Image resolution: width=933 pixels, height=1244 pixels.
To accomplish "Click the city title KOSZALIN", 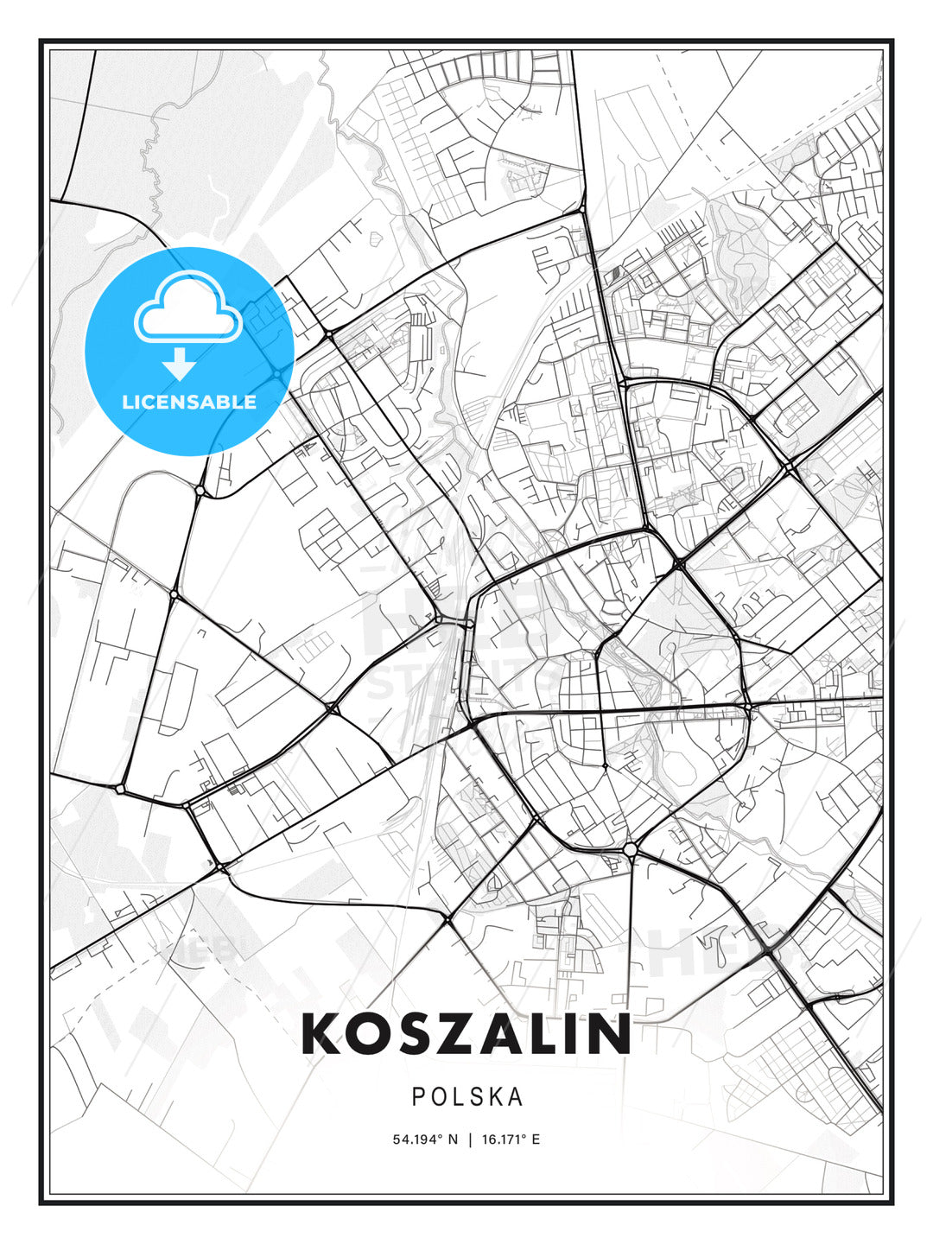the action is (466, 1035).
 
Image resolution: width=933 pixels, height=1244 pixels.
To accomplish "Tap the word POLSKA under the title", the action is (466, 1097).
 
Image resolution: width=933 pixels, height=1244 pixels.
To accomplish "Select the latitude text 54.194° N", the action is (426, 1139).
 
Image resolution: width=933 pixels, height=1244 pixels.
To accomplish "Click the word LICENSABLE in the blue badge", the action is (189, 402).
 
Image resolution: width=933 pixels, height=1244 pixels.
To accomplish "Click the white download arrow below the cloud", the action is (180, 363).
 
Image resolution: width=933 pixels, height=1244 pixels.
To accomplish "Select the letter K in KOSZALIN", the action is (321, 1035).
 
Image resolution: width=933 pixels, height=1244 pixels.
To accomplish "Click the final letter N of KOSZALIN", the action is (609, 1035).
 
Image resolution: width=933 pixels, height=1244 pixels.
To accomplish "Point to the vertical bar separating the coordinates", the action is (470, 1139).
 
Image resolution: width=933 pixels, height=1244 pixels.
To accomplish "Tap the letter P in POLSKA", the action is (418, 1097).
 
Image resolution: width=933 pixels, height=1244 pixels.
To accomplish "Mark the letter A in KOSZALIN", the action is (500, 1035).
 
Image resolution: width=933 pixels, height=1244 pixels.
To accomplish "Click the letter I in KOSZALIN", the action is (570, 1035).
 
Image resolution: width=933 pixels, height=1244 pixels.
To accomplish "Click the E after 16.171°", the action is (536, 1139).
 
